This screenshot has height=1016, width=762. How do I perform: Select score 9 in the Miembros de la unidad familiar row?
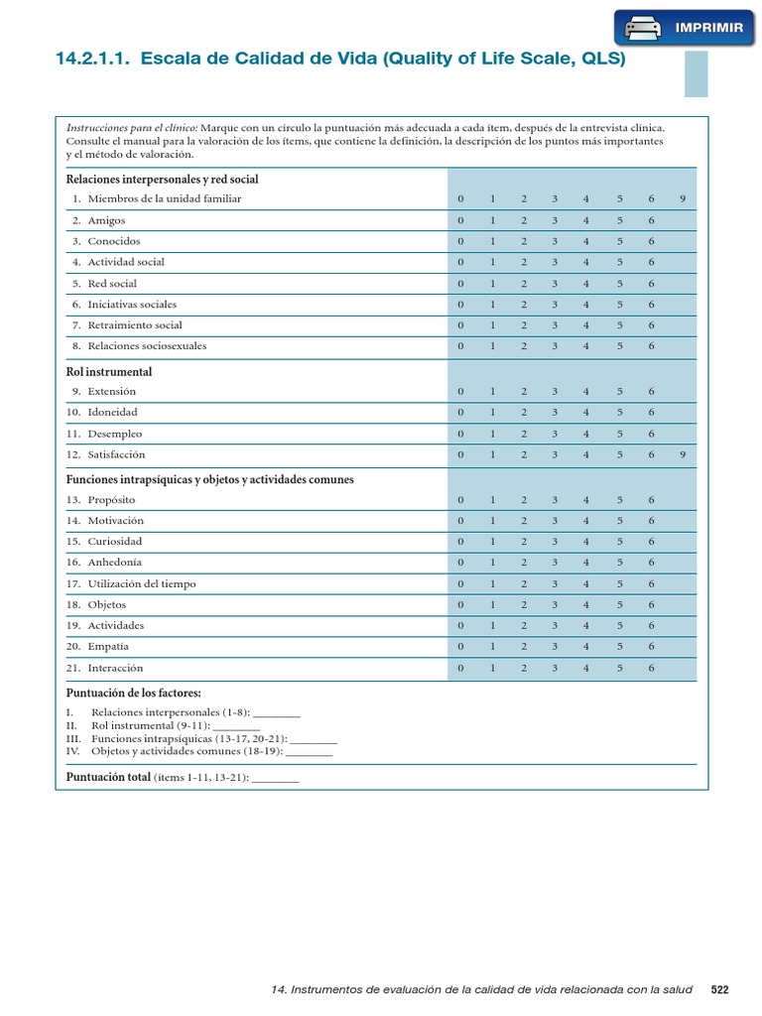pos(683,199)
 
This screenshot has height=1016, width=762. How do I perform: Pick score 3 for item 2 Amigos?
pos(555,220)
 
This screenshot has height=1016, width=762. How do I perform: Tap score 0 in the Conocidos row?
pos(460,241)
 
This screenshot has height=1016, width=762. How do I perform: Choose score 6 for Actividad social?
pos(651,262)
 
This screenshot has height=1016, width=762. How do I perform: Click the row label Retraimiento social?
pos(135,325)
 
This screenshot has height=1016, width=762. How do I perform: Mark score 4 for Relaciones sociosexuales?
pos(586,346)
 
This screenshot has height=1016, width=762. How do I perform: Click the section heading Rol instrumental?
pos(109,372)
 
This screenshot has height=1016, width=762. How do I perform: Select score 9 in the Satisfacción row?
pos(683,454)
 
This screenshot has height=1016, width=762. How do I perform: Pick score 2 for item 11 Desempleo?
pos(523,434)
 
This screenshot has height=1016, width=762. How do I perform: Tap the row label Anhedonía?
pos(115,563)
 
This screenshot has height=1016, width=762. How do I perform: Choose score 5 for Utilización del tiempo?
pos(618,583)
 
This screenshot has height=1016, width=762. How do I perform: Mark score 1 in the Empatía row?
pos(491,647)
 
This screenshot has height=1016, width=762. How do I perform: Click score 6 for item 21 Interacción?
pos(651,668)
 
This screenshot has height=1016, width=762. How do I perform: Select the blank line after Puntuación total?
pos(275,779)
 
